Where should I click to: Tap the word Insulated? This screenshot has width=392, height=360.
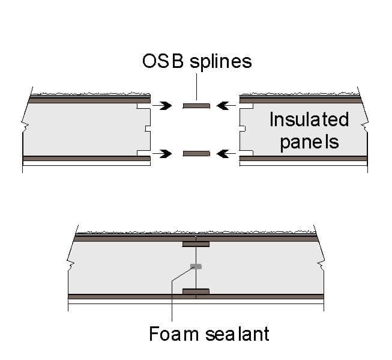[x=309, y=119]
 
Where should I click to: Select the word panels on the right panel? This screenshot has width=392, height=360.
[x=309, y=142]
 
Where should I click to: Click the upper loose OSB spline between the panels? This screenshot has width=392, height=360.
[x=196, y=106]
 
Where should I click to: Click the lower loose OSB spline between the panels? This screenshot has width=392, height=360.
[x=196, y=154]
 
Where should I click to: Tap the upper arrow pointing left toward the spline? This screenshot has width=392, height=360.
[x=226, y=106]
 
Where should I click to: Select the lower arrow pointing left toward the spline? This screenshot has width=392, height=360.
[x=226, y=154]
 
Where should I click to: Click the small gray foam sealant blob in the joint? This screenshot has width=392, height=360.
[x=196, y=266]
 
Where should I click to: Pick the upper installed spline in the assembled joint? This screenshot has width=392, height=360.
[x=196, y=244]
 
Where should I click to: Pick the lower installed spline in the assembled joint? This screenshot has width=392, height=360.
[x=196, y=292]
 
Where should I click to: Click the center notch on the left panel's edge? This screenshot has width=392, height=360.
[x=147, y=129]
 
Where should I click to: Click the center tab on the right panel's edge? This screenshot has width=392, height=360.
[x=242, y=129]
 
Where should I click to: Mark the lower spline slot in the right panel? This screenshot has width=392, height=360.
[x=245, y=154]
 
